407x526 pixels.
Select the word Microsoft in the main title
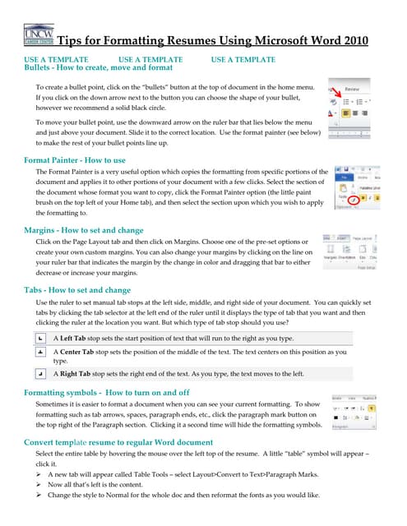pyautogui.click(x=246, y=41)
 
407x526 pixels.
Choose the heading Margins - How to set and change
pyautogui.click(x=84, y=231)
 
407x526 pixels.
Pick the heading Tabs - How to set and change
pyautogui.click(x=77, y=290)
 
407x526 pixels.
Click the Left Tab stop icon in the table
pyautogui.click(x=40, y=338)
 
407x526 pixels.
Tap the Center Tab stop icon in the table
pyautogui.click(x=40, y=351)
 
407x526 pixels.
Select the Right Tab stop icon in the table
pyautogui.click(x=40, y=372)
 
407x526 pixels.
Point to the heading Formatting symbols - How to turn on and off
pyautogui.click(x=107, y=393)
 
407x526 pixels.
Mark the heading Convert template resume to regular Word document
pyautogui.click(x=118, y=442)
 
